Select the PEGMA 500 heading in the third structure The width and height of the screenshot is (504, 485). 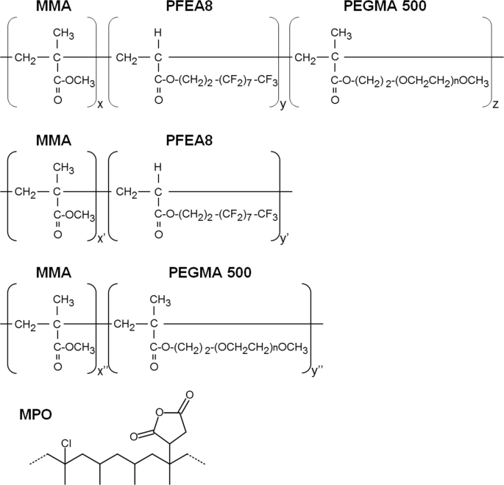coord(210,272)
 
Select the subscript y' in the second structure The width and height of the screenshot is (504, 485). coord(285,237)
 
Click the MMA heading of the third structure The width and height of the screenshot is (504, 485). coord(53,272)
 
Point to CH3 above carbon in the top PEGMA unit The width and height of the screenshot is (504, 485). coord(339,33)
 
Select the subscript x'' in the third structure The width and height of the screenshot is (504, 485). coord(102,370)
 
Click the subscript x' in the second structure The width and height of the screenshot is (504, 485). coord(101,237)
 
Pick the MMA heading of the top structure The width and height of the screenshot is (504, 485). coord(53,7)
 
